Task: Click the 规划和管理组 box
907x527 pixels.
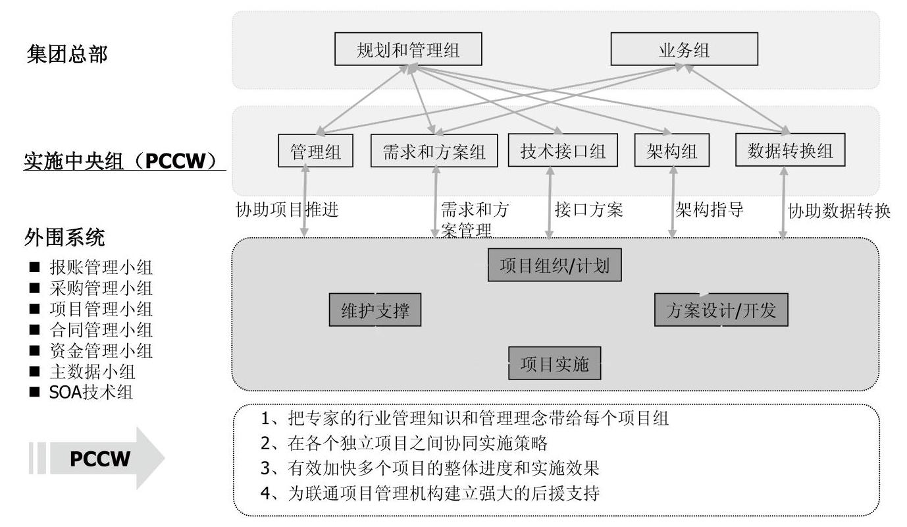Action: pyautogui.click(x=408, y=49)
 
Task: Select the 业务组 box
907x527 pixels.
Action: pyautogui.click(x=685, y=49)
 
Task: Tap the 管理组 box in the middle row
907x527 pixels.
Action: pyautogui.click(x=315, y=150)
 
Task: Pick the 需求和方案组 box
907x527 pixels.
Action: pyautogui.click(x=434, y=150)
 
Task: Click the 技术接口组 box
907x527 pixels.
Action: pyautogui.click(x=563, y=150)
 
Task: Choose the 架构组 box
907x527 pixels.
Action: pyautogui.click(x=672, y=150)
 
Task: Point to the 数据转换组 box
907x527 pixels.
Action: pyautogui.click(x=790, y=150)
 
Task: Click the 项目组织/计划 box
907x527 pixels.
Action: pyautogui.click(x=555, y=265)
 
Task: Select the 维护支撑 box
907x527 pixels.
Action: pyautogui.click(x=375, y=310)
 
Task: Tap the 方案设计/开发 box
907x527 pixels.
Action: pyautogui.click(x=721, y=310)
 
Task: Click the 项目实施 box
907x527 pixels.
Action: pyautogui.click(x=555, y=363)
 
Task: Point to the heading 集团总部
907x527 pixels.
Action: pyautogui.click(x=67, y=54)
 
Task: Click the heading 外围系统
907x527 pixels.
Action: pyautogui.click(x=65, y=236)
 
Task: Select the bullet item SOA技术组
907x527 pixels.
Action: pyautogui.click(x=91, y=392)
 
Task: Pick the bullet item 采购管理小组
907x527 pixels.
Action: pyautogui.click(x=101, y=289)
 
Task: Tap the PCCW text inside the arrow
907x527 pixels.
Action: pyautogui.click(x=100, y=458)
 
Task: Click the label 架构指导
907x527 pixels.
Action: pyautogui.click(x=710, y=209)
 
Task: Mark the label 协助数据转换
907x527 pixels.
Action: pyautogui.click(x=839, y=211)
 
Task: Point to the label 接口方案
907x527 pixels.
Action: pyautogui.click(x=588, y=209)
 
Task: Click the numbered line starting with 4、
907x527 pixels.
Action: pyautogui.click(x=430, y=493)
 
